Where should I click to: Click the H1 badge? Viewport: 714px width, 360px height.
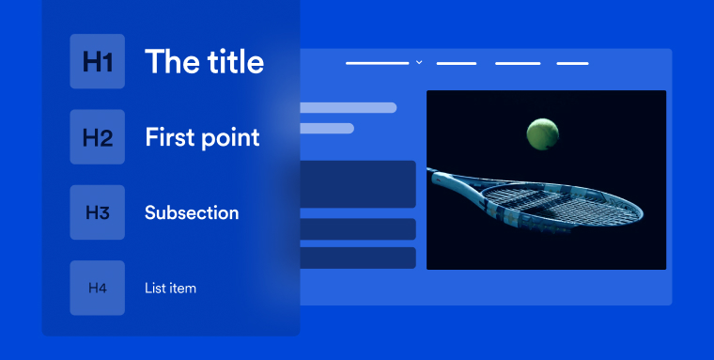point(97,62)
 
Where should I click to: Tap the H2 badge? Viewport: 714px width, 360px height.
point(97,137)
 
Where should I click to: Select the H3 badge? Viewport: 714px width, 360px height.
point(97,212)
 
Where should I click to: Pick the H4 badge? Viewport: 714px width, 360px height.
point(97,288)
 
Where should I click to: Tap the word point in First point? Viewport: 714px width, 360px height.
point(230,138)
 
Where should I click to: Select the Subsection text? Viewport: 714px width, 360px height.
point(192,212)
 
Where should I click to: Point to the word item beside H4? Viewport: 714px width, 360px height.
point(183,288)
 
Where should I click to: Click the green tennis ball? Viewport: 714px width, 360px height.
point(541,133)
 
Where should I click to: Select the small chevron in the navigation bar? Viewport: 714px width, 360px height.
point(419,63)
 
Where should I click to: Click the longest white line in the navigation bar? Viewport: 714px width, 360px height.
point(378,63)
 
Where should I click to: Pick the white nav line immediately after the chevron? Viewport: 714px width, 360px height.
point(457,63)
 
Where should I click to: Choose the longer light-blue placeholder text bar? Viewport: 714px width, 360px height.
point(348,107)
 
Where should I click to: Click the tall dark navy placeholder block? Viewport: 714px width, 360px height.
point(357,184)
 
